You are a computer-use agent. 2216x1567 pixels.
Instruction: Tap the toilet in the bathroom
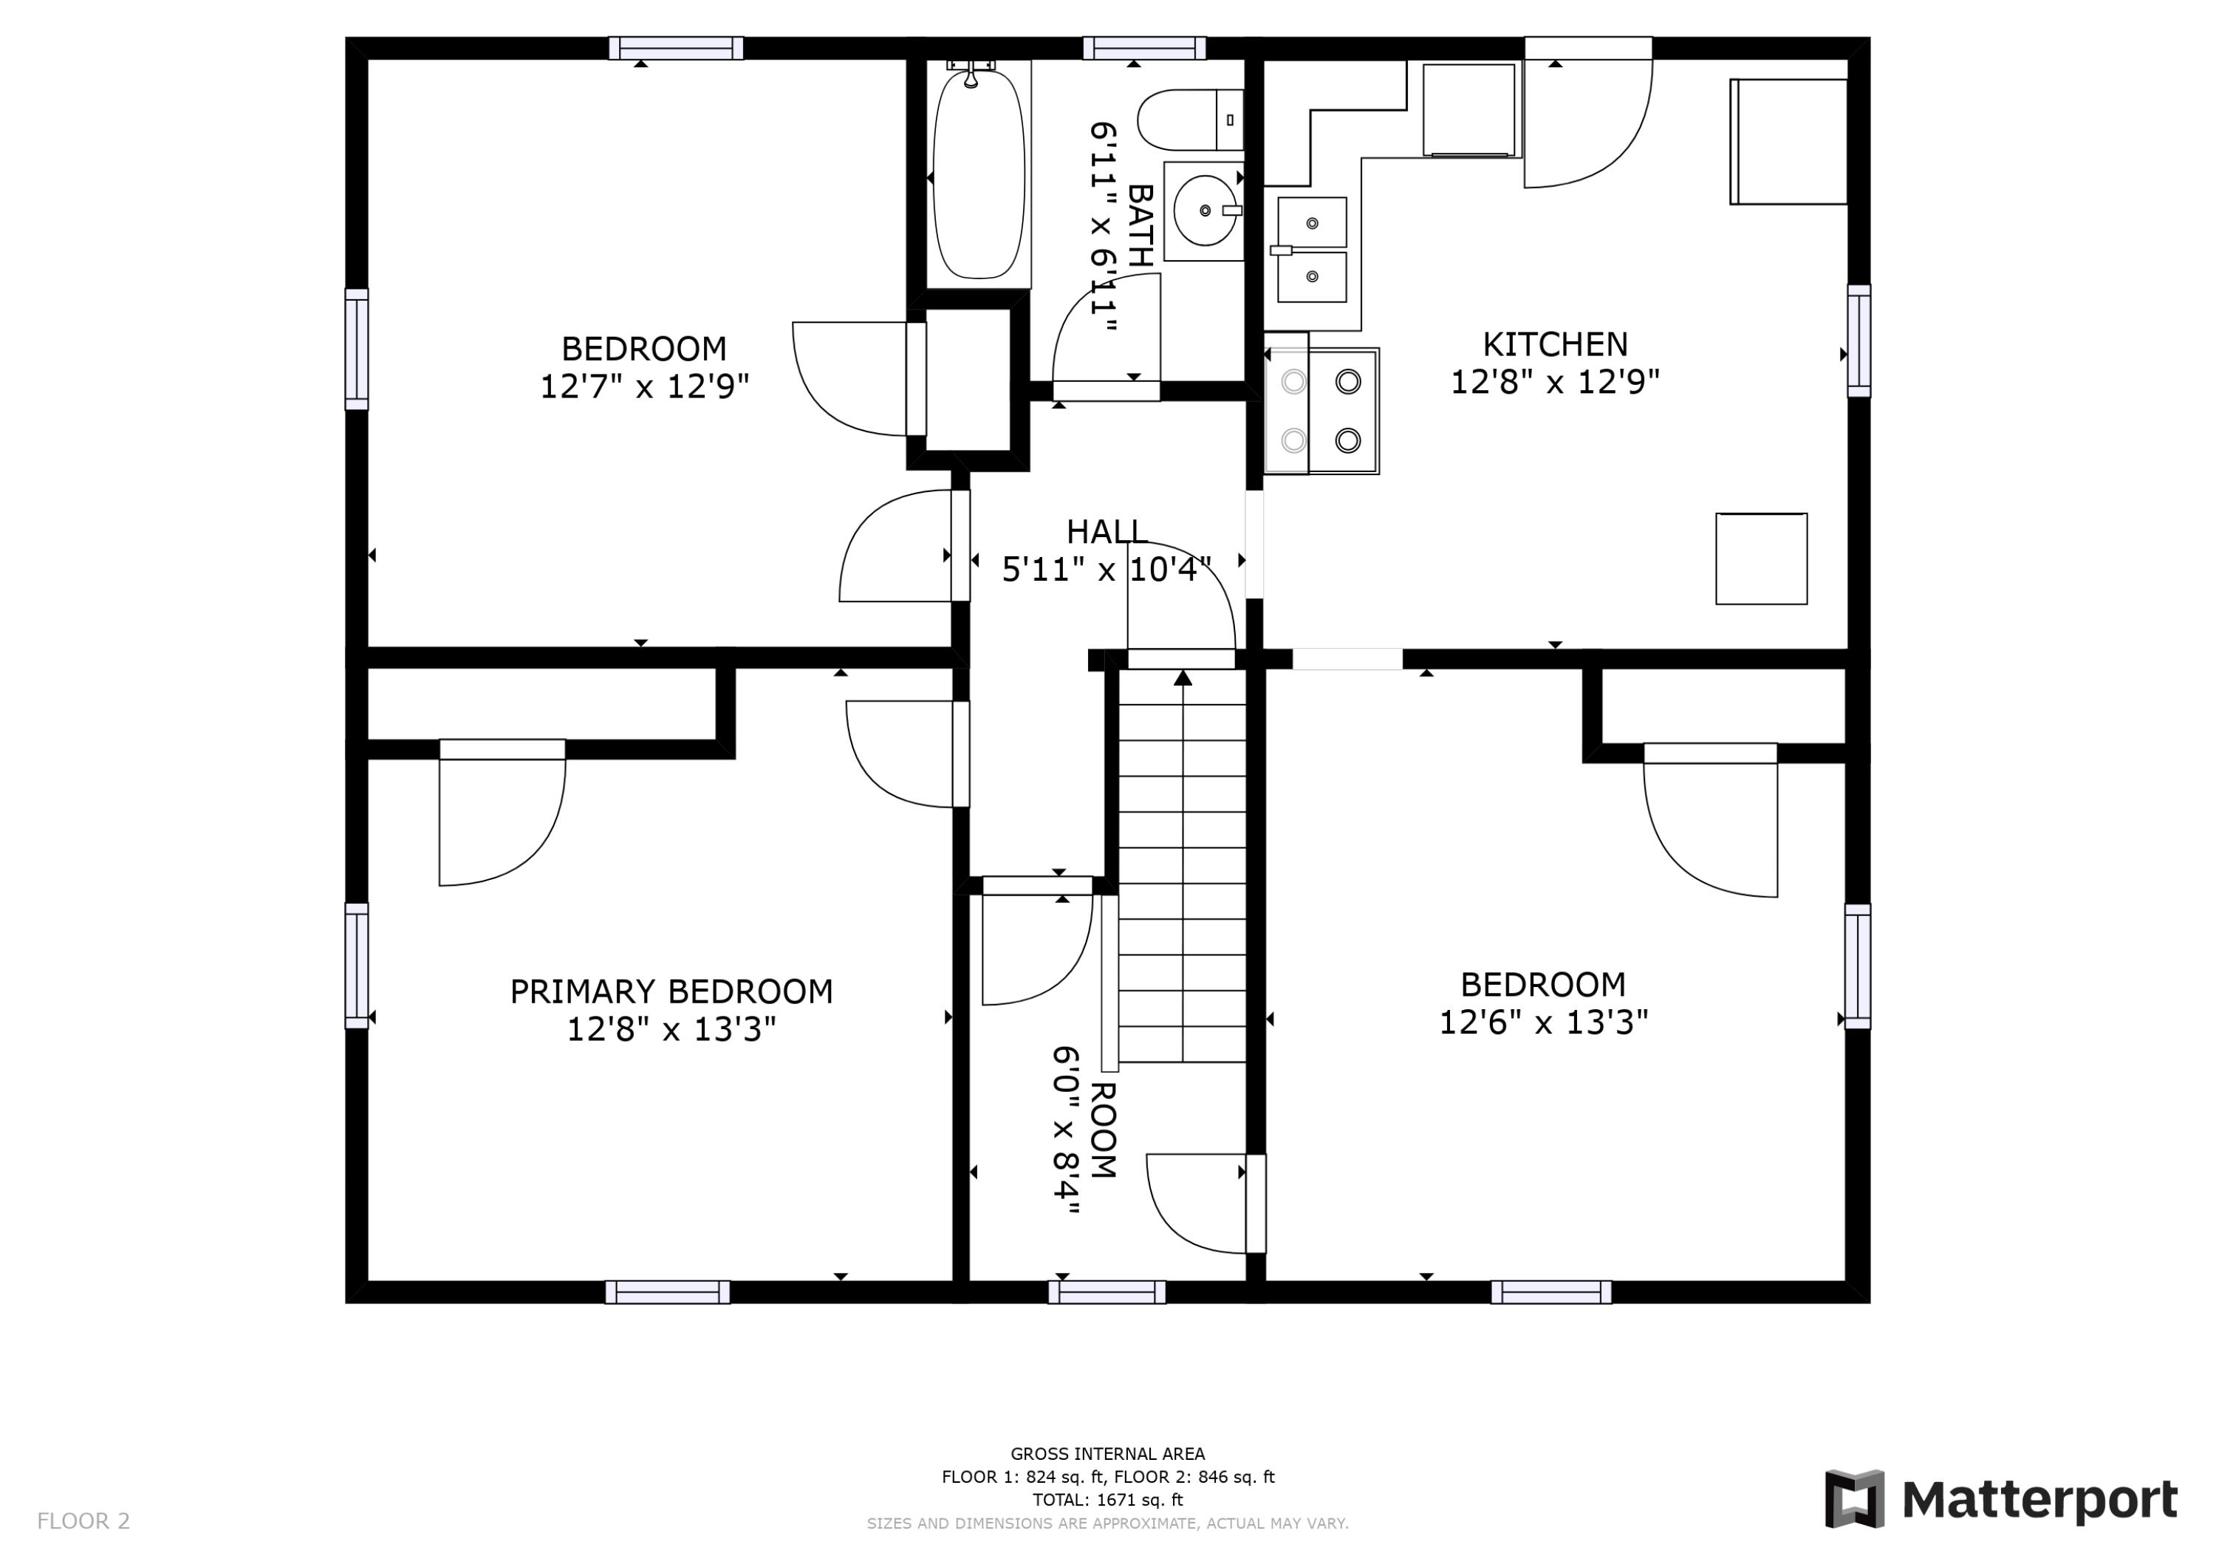point(1190,120)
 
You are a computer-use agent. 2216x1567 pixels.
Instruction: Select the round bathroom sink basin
point(1205,211)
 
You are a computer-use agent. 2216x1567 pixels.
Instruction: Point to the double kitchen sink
point(1312,250)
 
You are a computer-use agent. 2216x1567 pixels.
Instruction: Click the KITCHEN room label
point(1555,344)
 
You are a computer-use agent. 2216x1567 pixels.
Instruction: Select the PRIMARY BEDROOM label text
point(671,991)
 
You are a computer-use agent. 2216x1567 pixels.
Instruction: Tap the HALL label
point(1107,531)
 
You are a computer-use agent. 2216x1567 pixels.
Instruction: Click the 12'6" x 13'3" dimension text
point(1543,1022)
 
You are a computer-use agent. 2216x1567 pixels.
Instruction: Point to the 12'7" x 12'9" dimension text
point(644,386)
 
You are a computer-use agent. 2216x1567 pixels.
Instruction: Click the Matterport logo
point(2001,1500)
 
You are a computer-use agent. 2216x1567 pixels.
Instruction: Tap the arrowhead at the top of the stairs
point(1183,677)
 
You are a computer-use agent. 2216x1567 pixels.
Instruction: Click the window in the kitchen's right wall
point(1859,341)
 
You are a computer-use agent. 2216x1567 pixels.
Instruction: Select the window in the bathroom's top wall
point(1145,48)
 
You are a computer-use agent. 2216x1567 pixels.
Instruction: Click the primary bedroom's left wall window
point(356,966)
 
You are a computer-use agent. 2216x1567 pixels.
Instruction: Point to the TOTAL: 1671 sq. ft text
point(1108,1500)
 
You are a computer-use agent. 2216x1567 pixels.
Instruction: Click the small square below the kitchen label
point(1762,559)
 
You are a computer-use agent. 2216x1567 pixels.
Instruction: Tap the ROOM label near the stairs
point(1103,1130)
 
